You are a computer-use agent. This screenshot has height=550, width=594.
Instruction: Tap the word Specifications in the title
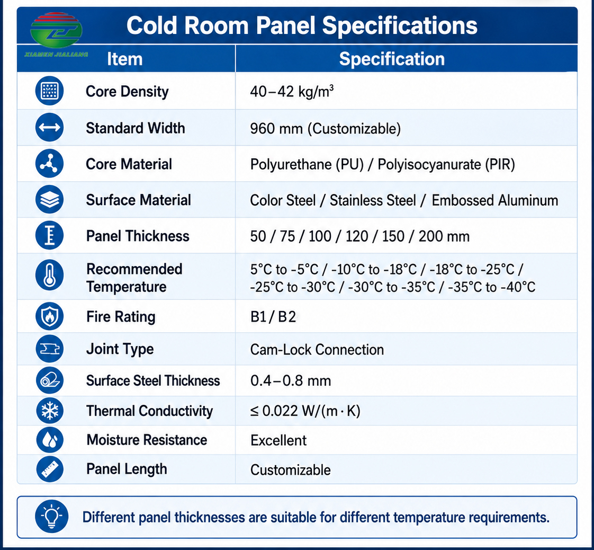tap(400, 26)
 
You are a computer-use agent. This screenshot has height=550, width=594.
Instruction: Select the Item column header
tap(124, 59)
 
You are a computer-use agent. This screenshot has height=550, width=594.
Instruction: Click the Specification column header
tap(392, 59)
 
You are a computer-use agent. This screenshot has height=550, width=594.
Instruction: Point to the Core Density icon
tap(50, 91)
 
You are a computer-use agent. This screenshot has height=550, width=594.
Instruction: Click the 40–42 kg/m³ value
tap(292, 91)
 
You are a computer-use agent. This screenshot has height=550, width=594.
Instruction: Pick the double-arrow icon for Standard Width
tap(50, 127)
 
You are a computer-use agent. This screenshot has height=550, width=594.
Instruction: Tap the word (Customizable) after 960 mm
tap(354, 129)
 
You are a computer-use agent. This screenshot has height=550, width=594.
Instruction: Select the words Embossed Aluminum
tap(495, 200)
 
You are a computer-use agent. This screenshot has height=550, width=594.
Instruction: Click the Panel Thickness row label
tap(138, 236)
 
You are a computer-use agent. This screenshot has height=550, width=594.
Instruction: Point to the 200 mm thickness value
tap(444, 236)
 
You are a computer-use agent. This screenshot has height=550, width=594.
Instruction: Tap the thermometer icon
tap(50, 275)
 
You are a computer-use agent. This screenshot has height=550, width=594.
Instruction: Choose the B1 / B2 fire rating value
tap(273, 316)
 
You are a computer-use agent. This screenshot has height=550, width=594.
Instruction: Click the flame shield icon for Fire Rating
tap(50, 316)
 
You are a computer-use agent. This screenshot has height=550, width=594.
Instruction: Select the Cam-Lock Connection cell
tap(317, 350)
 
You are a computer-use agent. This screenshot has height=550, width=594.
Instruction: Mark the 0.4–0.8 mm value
tap(291, 380)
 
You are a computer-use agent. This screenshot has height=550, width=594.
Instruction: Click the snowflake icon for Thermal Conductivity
tap(50, 411)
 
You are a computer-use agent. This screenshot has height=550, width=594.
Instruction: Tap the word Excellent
tap(278, 440)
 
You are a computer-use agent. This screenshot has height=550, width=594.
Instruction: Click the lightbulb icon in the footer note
tap(51, 516)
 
